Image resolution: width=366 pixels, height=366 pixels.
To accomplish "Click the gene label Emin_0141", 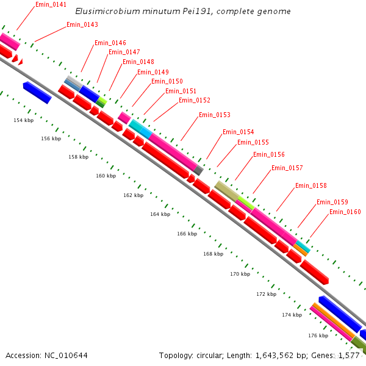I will point(51,4).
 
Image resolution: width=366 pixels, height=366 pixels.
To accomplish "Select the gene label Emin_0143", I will point(82,24).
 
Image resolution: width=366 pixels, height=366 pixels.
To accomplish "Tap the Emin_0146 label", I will point(110,43).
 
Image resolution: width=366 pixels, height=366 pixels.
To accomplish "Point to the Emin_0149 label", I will point(152,72).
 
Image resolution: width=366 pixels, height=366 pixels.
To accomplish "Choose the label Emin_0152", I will point(194,100).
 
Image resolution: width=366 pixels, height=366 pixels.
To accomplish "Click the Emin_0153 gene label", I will point(214,115).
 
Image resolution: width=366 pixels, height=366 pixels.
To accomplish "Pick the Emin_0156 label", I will point(268,154).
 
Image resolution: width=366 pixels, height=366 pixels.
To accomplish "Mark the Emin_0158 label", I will point(310,185).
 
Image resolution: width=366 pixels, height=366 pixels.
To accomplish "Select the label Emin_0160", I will point(345,212).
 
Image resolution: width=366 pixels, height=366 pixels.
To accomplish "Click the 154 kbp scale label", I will point(23,120).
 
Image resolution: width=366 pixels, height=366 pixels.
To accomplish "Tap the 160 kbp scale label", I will point(106,176).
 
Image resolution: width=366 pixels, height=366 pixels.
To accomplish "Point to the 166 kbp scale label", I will point(187,234).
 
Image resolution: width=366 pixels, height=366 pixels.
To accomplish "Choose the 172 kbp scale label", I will point(266,294).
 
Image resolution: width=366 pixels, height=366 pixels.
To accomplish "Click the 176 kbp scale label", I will point(318,335).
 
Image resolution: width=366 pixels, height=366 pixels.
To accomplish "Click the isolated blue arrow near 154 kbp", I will point(37,93).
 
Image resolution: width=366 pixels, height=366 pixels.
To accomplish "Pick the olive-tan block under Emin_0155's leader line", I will point(226,190).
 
